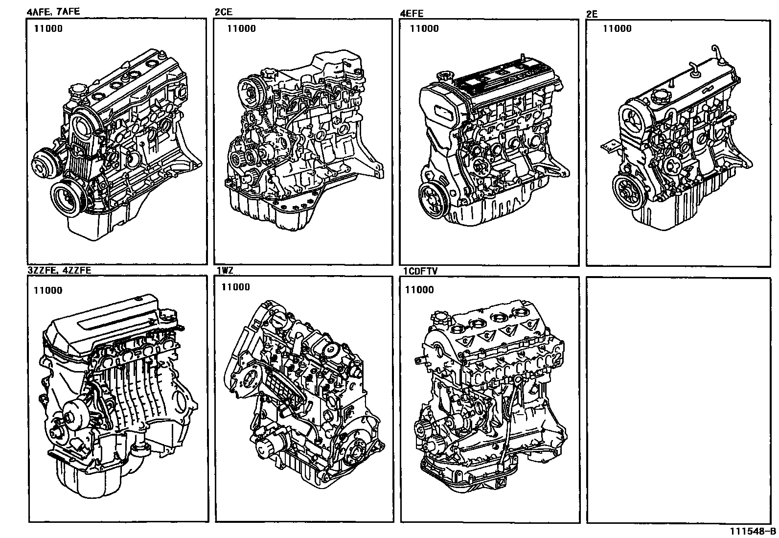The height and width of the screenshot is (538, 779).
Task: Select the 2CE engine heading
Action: (x=223, y=12)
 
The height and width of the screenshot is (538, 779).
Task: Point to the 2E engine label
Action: (x=592, y=14)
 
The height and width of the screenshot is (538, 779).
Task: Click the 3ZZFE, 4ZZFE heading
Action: (x=59, y=270)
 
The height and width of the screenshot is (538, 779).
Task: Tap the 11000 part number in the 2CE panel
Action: (x=241, y=28)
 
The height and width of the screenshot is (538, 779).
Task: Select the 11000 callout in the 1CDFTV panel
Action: (x=419, y=290)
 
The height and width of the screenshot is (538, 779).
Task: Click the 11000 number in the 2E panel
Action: (x=617, y=28)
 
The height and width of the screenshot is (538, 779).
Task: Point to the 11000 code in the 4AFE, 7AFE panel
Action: (x=48, y=28)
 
